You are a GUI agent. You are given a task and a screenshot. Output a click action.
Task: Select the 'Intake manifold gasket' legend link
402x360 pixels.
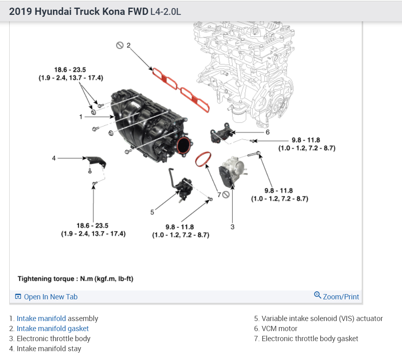[53, 328]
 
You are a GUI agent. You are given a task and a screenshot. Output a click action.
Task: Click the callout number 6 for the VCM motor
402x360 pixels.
[267, 132]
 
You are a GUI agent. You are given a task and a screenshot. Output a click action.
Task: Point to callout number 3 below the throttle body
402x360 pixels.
[232, 227]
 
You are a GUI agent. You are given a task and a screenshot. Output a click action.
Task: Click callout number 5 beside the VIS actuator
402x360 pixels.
[152, 212]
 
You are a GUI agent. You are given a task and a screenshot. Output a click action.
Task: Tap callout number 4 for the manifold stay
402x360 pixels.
[54, 158]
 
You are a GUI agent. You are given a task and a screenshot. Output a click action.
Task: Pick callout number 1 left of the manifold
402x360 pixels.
[81, 117]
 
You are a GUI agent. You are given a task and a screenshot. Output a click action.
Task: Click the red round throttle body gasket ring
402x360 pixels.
[203, 159]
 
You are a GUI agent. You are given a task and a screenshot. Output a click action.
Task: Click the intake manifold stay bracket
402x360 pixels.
[96, 161]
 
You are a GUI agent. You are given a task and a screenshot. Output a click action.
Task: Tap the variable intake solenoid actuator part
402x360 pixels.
[183, 187]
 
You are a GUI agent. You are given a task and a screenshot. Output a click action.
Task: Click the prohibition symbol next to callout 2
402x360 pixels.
[120, 45]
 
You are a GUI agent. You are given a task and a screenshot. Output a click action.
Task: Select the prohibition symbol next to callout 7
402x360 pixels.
[226, 195]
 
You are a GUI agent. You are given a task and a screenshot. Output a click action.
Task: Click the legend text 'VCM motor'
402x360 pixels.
[279, 329]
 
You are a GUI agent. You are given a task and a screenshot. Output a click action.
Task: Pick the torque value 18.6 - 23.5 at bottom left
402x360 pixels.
[92, 226]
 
